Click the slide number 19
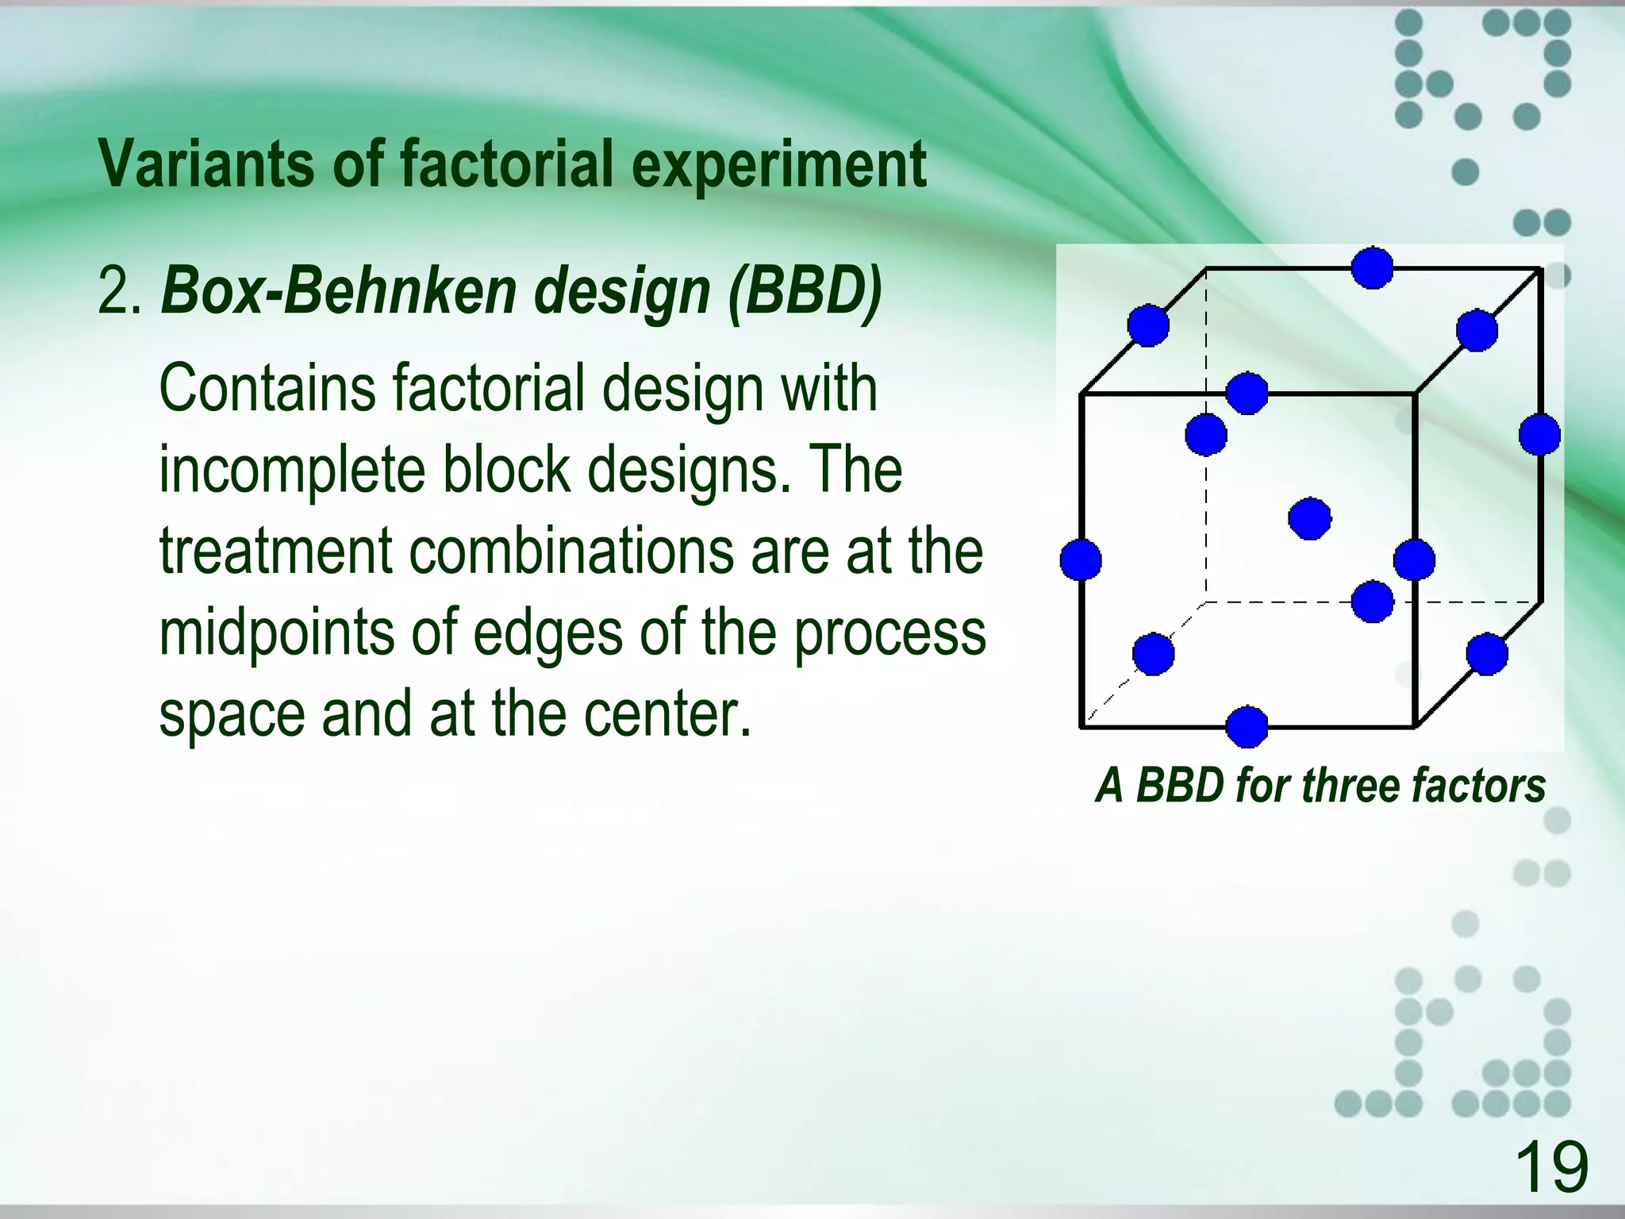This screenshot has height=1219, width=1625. [1551, 1166]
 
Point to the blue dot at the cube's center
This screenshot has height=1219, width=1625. [1309, 519]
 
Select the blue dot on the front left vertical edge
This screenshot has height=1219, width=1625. [1081, 560]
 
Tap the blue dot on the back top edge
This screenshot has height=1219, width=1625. [1372, 268]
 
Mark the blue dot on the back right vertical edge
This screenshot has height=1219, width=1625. [1539, 434]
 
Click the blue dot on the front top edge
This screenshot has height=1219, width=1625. [1247, 393]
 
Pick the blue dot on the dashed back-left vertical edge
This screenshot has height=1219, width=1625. [1206, 435]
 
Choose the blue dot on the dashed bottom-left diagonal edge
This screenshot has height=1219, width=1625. [1153, 654]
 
